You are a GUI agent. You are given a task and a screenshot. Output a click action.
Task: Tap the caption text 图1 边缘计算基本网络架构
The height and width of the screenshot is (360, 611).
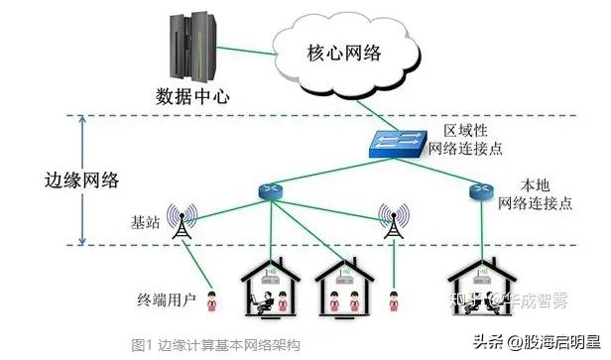[215, 344]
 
